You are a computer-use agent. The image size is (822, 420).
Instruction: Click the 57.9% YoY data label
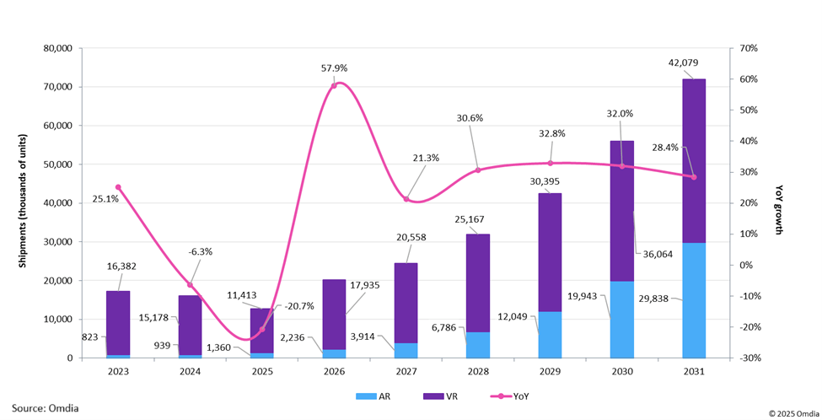coord(335,67)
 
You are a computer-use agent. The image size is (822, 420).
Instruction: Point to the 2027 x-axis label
coord(406,369)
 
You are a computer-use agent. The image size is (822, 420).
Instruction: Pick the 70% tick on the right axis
coord(749,48)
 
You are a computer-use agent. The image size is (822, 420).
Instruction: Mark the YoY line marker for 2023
coord(118,187)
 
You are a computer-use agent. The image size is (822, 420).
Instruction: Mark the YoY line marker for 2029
coord(551,163)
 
